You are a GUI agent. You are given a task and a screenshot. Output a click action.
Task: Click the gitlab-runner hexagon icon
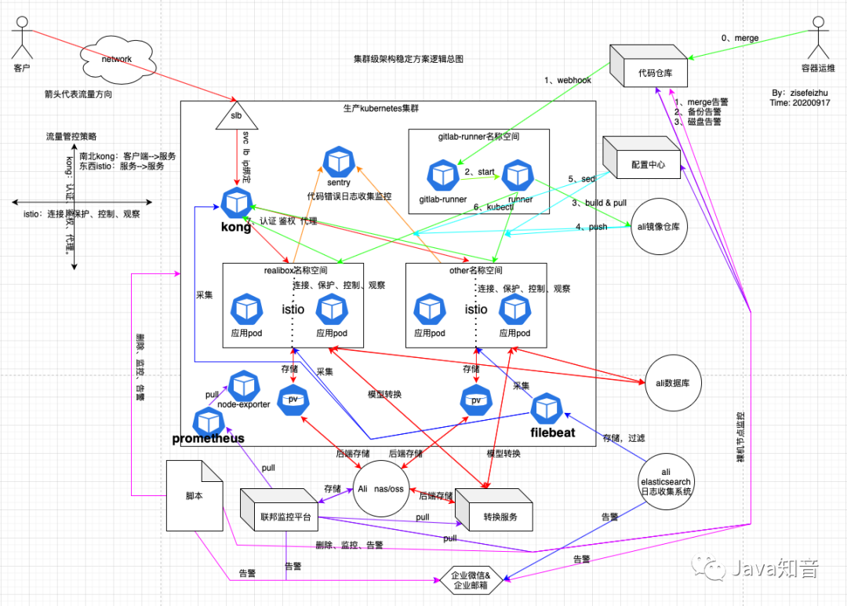[x=442, y=175]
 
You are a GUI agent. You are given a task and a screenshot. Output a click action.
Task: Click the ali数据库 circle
[x=672, y=381]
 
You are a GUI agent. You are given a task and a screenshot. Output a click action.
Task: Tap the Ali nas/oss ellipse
[x=381, y=487]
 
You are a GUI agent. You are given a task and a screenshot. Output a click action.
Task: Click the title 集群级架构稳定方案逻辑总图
[x=408, y=59]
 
